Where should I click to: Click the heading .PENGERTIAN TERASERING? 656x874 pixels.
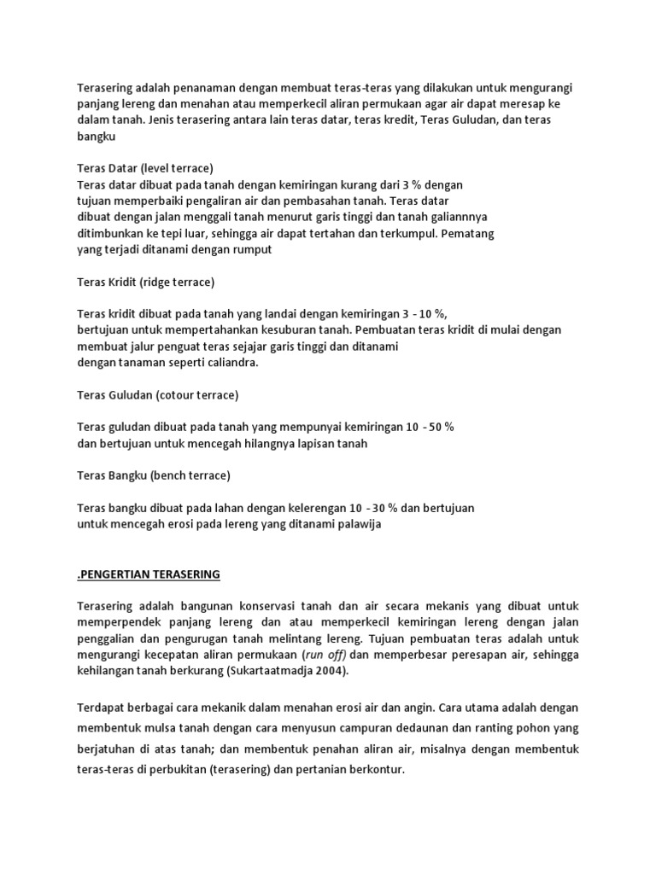pos(149,574)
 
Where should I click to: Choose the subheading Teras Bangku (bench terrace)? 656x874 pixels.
pos(154,475)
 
